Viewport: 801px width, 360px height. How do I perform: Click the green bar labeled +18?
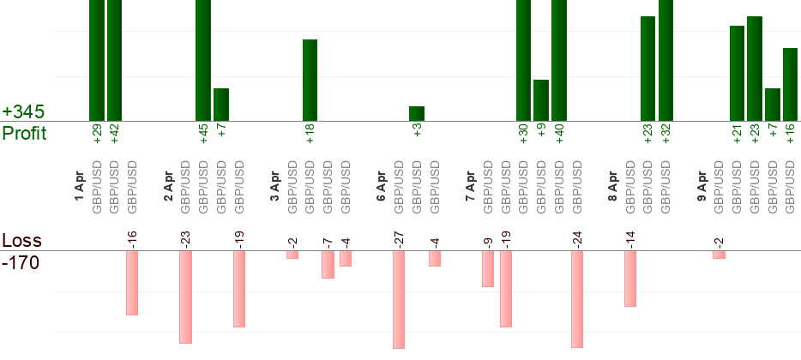(x=310, y=80)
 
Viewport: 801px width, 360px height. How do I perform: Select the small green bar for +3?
(x=417, y=113)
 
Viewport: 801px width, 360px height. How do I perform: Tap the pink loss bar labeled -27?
(x=399, y=299)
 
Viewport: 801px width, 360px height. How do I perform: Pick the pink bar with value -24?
(x=577, y=299)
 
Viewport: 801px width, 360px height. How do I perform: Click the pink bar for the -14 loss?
(x=630, y=279)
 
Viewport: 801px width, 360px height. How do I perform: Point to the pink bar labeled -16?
(x=132, y=283)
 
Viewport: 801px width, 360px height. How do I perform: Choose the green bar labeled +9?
(x=541, y=100)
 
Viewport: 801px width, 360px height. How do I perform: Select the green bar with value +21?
(x=737, y=73)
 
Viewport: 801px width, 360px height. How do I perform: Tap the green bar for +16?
(x=791, y=84)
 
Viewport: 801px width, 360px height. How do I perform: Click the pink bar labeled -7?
(x=328, y=265)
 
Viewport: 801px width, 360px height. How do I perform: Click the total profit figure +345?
(x=23, y=112)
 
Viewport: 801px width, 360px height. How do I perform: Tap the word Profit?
(x=24, y=134)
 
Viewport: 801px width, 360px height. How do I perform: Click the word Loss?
(x=21, y=241)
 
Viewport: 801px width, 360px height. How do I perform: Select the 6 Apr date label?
(x=382, y=187)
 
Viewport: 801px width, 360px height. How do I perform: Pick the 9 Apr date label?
(x=702, y=187)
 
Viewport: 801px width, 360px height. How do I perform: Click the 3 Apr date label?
(x=274, y=187)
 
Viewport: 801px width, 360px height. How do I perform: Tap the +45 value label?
(x=203, y=135)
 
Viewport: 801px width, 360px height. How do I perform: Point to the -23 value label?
(x=185, y=237)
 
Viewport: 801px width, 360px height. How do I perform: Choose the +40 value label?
(x=559, y=135)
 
